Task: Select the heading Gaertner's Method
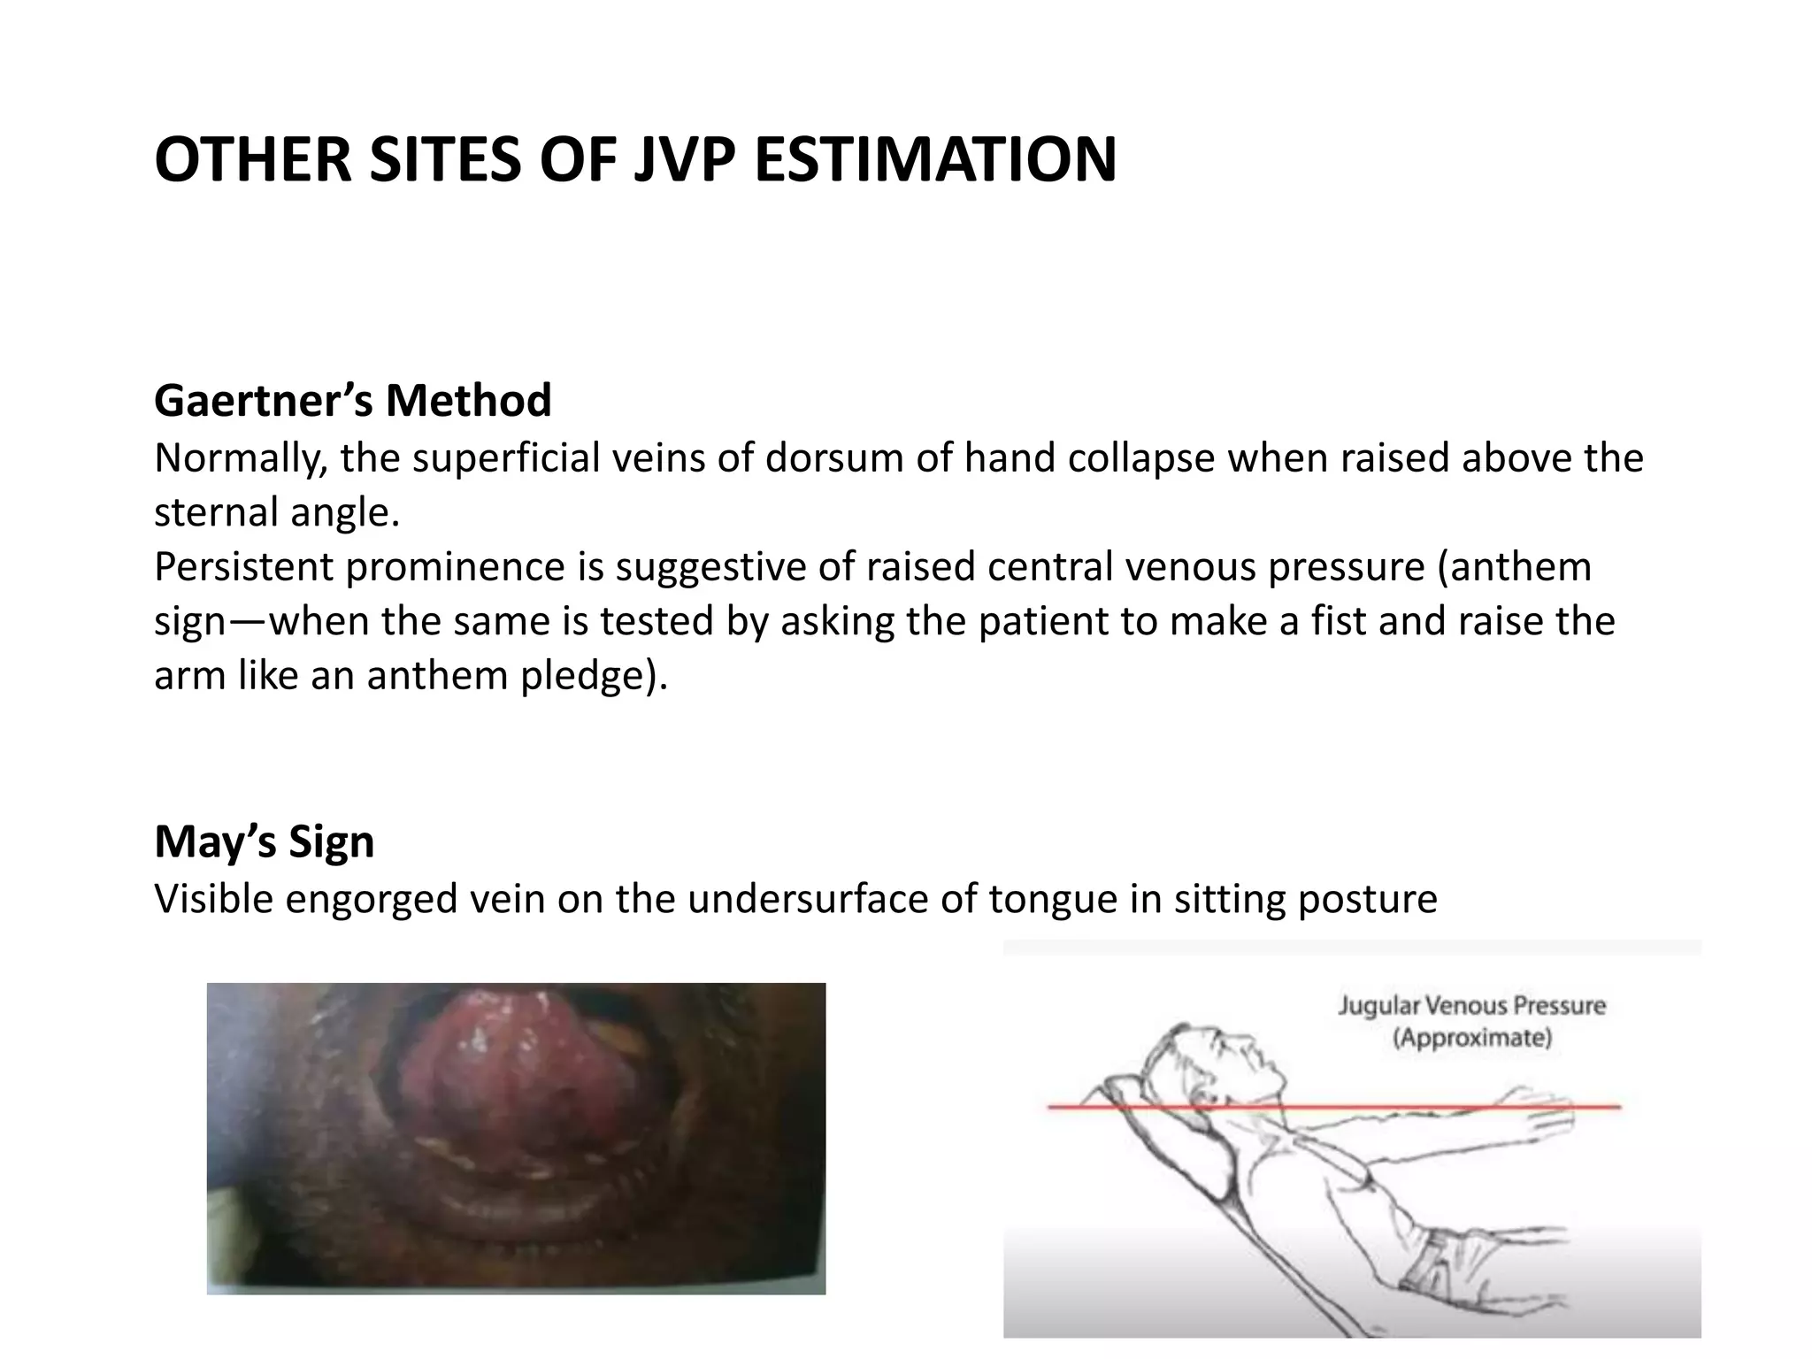[352, 400]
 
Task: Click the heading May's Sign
[264, 841]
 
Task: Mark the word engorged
[369, 899]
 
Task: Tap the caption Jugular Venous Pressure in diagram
[1471, 1006]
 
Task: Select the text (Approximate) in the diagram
[1472, 1037]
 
